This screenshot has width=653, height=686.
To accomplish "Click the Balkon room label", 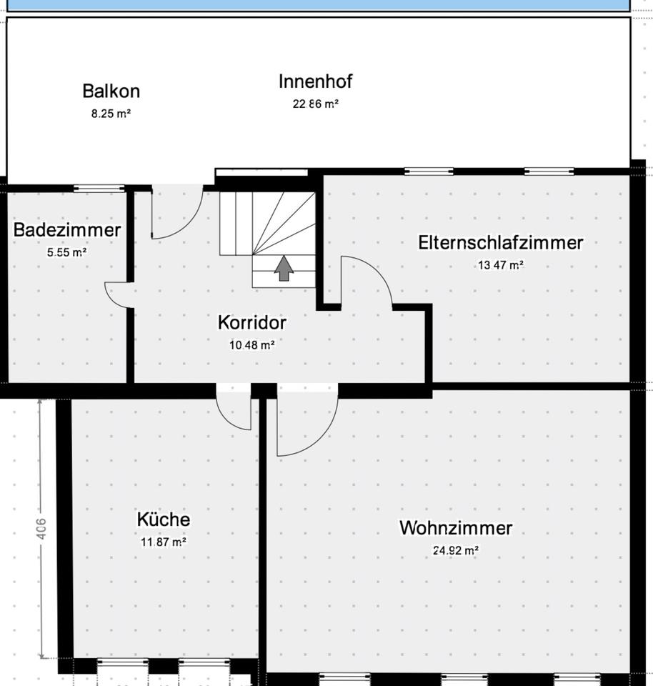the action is pyautogui.click(x=111, y=91).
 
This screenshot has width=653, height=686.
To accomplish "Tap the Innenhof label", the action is pyautogui.click(x=315, y=81).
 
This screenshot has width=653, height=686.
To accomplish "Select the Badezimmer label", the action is pyautogui.click(x=67, y=230).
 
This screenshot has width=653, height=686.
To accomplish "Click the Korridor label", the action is pyautogui.click(x=251, y=323).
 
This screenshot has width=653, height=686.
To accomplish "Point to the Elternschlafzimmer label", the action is pyautogui.click(x=500, y=243).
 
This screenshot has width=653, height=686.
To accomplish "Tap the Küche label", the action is pyautogui.click(x=164, y=520).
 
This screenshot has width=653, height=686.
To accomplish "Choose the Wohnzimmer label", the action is pyautogui.click(x=456, y=529).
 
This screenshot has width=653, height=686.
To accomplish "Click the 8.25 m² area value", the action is pyautogui.click(x=111, y=113).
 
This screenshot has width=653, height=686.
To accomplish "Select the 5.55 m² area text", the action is pyautogui.click(x=66, y=252).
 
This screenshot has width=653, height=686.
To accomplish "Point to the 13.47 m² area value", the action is pyautogui.click(x=501, y=264).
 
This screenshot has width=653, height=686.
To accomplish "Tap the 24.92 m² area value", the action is pyautogui.click(x=456, y=550).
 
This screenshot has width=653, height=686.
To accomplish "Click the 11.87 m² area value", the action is pyautogui.click(x=164, y=542).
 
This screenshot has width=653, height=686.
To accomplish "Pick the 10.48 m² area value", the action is pyautogui.click(x=251, y=344).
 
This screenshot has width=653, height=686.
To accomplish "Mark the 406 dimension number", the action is pyautogui.click(x=41, y=530).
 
